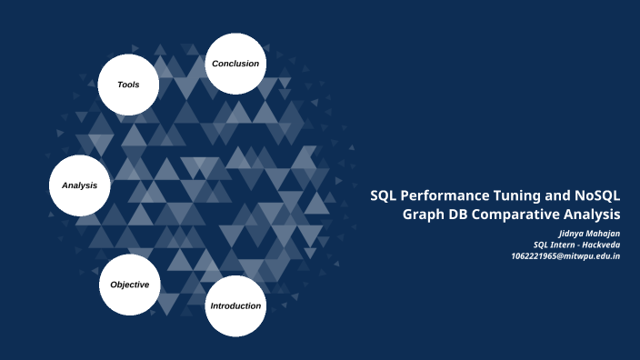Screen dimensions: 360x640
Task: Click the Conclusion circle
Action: (x=235, y=64)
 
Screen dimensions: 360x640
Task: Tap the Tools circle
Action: (x=128, y=85)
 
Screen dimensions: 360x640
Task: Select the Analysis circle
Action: (x=79, y=185)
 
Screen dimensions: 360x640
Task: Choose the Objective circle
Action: (x=129, y=285)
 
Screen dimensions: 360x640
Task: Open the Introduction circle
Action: (x=235, y=305)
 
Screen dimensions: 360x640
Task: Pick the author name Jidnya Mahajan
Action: (x=589, y=234)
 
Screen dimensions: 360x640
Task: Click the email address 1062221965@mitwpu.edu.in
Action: (x=565, y=255)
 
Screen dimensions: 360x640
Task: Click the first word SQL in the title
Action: (x=385, y=195)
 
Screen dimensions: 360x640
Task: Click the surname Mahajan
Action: (x=603, y=234)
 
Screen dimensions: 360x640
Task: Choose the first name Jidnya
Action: (x=571, y=234)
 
